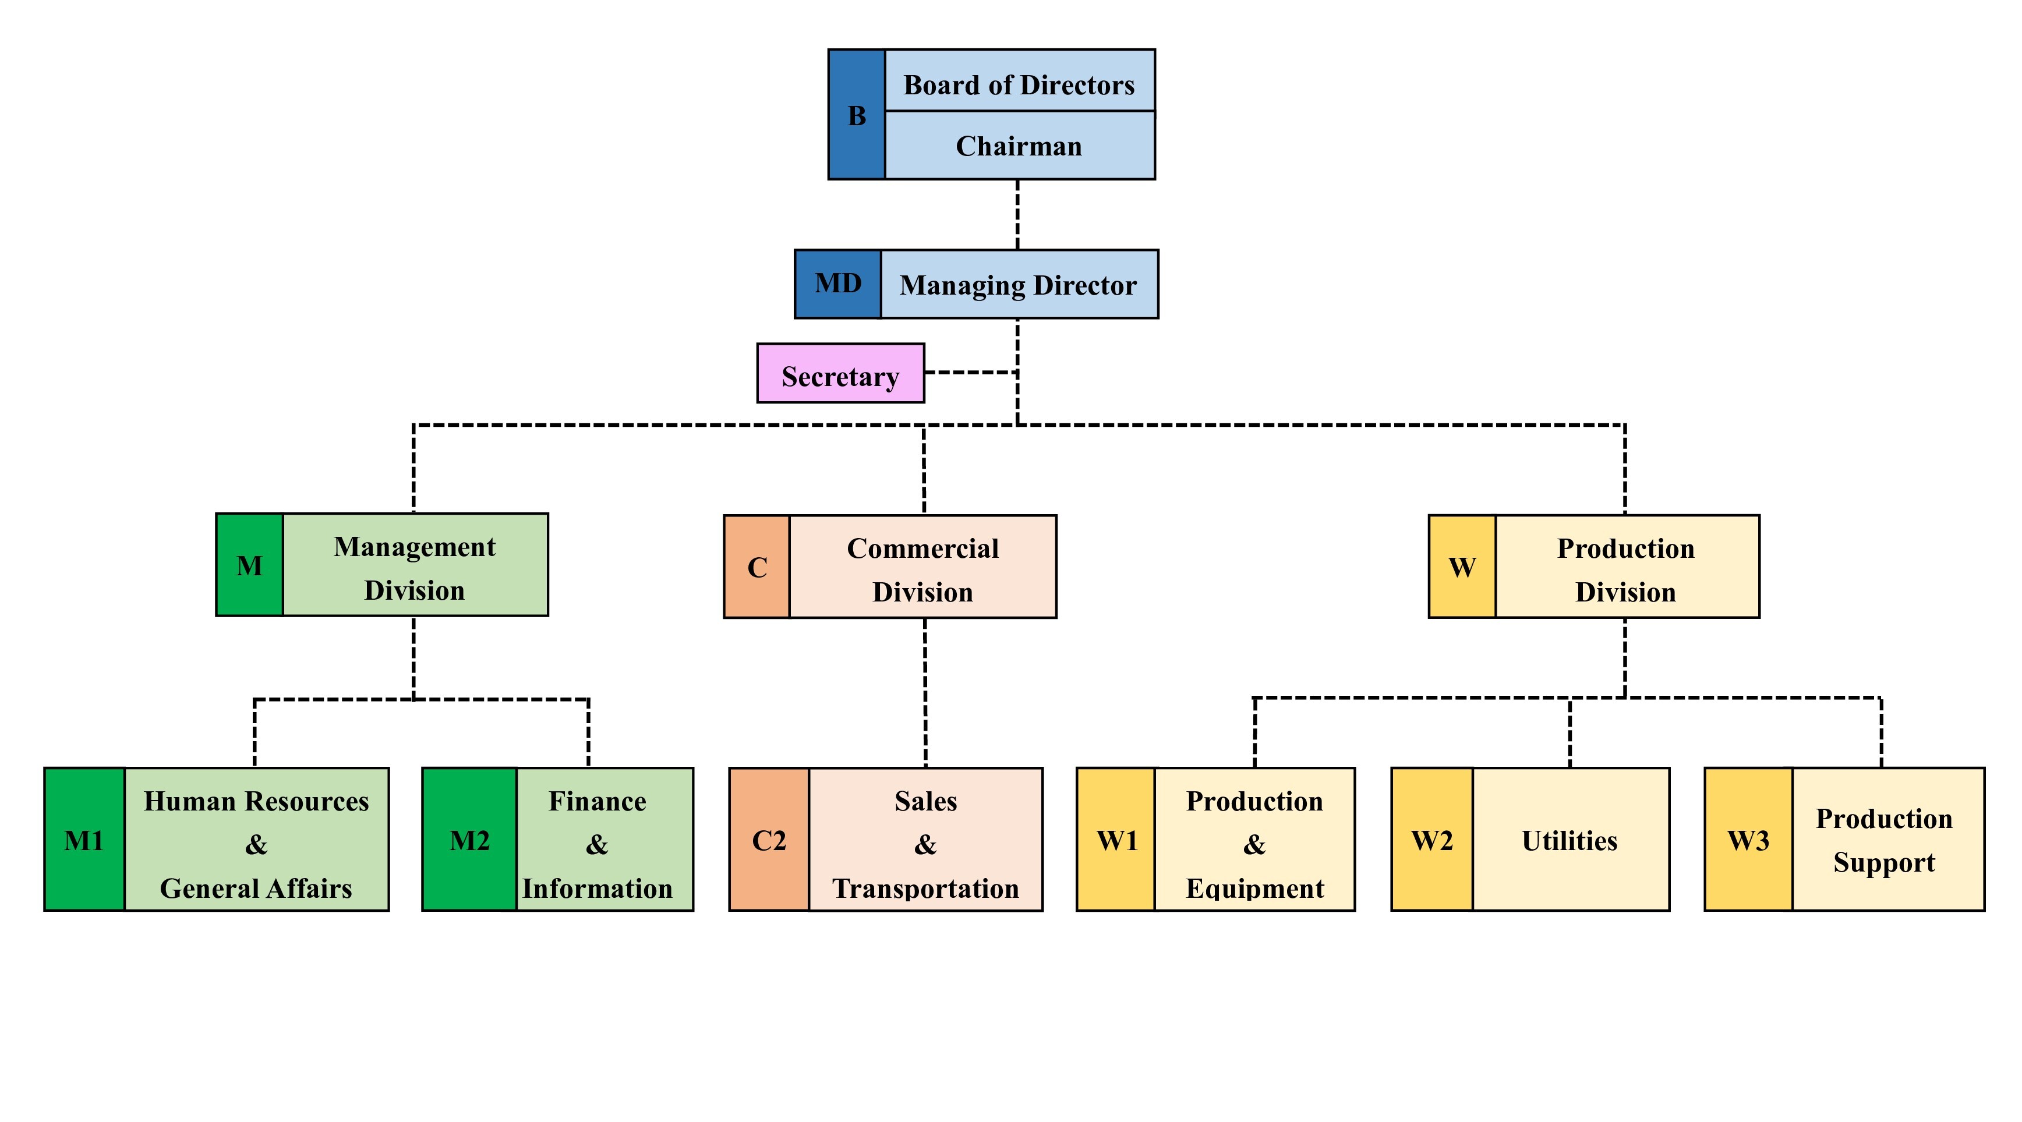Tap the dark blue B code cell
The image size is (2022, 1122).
click(856, 115)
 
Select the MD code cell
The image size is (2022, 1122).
click(837, 284)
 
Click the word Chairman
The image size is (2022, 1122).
click(1019, 146)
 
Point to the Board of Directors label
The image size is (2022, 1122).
click(1019, 85)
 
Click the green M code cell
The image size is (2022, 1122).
click(250, 565)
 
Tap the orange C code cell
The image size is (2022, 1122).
click(757, 567)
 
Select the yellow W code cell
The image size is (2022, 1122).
click(1462, 567)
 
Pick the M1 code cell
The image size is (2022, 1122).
click(84, 839)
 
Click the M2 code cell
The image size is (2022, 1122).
click(469, 839)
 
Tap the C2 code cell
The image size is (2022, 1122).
click(769, 839)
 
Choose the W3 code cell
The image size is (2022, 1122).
click(1748, 839)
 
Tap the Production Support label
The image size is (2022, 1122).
click(1884, 840)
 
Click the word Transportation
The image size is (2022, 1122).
click(925, 888)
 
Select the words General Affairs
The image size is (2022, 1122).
click(256, 888)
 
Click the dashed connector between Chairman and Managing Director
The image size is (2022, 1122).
click(1018, 215)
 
